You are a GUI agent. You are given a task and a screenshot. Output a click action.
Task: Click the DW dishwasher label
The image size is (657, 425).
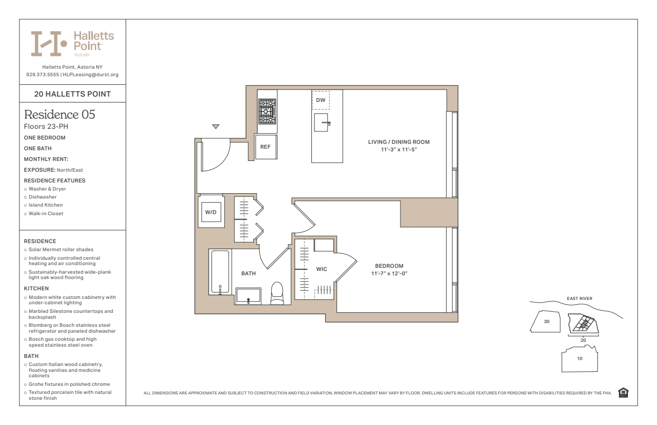(x=320, y=100)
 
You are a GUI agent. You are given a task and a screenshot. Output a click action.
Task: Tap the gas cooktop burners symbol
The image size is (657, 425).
(x=267, y=111)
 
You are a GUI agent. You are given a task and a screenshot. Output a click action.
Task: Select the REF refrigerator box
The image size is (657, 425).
(x=266, y=146)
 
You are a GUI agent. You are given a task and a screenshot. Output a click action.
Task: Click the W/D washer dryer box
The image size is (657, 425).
(x=211, y=213)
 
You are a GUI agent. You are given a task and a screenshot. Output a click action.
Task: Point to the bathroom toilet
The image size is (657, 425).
(x=277, y=293)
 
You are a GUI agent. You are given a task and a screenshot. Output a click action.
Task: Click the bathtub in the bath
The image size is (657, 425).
(x=220, y=272)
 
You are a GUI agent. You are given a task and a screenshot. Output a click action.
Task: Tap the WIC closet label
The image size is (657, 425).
(x=322, y=269)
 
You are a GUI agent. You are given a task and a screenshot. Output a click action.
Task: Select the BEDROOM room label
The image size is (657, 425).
(x=389, y=266)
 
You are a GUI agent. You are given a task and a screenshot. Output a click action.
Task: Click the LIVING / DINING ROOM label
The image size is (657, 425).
(x=399, y=142)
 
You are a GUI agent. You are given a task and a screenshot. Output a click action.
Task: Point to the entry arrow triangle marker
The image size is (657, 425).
(x=216, y=127)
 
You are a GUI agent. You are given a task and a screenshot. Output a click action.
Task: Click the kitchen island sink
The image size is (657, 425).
(x=322, y=122)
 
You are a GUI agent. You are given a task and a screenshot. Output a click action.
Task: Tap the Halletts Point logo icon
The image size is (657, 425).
(x=49, y=43)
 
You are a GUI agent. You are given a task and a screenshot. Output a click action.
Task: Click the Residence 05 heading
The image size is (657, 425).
(x=60, y=115)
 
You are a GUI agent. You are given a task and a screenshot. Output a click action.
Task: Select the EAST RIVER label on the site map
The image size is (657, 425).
(x=579, y=299)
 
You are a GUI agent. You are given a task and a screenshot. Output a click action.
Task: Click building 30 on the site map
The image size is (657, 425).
(x=546, y=322)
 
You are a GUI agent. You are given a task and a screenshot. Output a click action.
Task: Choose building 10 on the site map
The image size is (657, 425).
(x=579, y=358)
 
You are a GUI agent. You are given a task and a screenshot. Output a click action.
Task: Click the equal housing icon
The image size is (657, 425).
(x=623, y=393)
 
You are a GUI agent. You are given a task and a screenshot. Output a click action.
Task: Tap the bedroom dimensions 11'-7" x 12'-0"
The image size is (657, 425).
(x=389, y=274)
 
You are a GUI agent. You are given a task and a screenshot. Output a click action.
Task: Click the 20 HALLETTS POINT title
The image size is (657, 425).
(x=72, y=94)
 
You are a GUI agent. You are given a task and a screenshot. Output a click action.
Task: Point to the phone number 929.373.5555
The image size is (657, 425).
(x=42, y=75)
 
